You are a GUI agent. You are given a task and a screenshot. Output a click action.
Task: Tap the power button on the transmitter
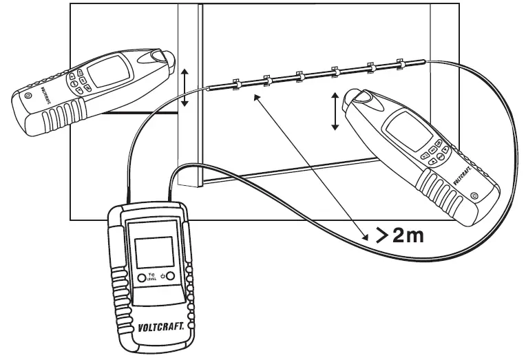click(169, 277)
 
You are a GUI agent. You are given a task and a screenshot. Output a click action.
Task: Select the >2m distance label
click(398, 235)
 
